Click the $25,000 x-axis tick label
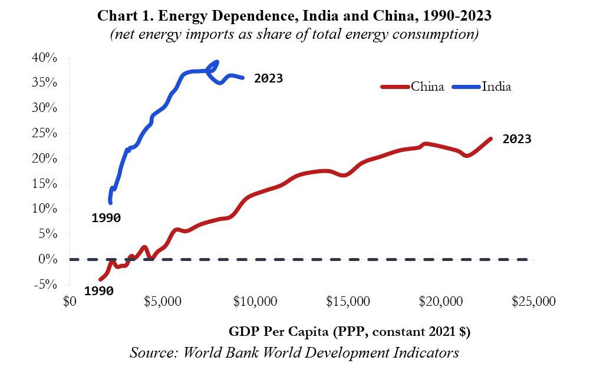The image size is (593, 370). pos(534,302)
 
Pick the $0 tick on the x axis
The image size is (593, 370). pos(69,302)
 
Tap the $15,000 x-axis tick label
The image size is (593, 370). pos(348,302)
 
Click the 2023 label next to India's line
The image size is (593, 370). pos(268,78)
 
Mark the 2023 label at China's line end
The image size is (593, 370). pos(516,139)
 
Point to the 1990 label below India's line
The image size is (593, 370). pos(106,218)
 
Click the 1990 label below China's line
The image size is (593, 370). pos(98,291)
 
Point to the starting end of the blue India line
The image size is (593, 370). pos(111,202)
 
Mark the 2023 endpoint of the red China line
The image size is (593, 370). pos(490,139)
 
